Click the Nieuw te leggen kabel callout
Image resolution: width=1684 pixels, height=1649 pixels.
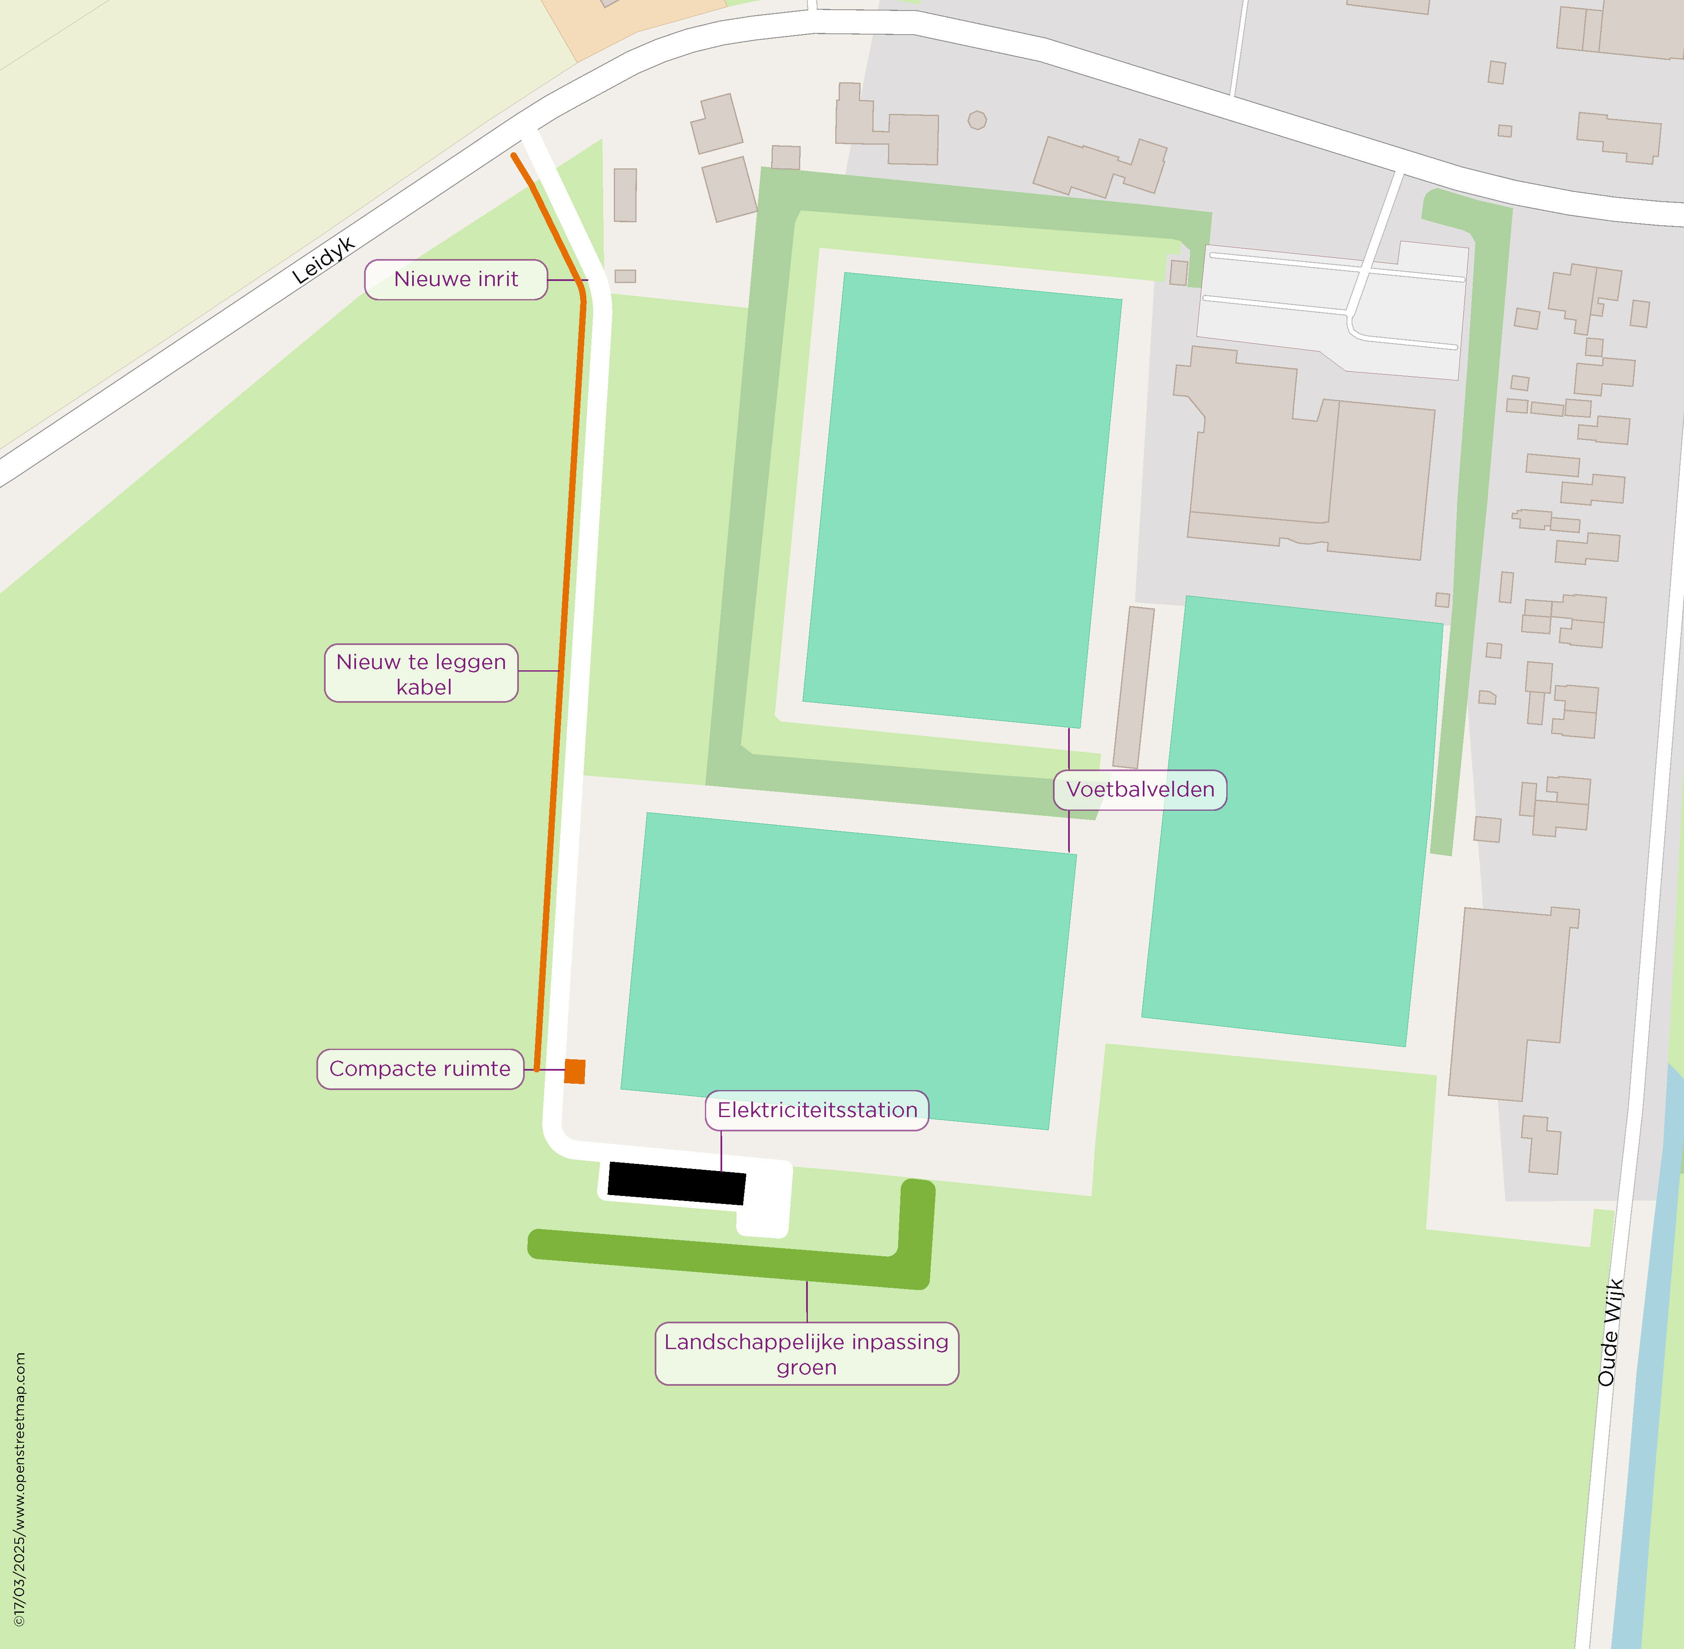421,673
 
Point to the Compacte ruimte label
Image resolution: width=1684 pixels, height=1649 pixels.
420,1069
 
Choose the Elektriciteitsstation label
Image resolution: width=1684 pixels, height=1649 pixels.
817,1110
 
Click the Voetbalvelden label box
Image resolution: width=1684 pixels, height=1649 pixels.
1140,790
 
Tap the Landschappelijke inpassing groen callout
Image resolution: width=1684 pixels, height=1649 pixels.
807,1354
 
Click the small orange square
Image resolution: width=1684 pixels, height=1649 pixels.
574,1071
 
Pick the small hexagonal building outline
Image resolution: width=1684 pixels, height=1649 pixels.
977,120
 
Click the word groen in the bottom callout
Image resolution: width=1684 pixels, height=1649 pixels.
807,1368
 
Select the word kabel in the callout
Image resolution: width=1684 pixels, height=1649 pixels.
424,688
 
